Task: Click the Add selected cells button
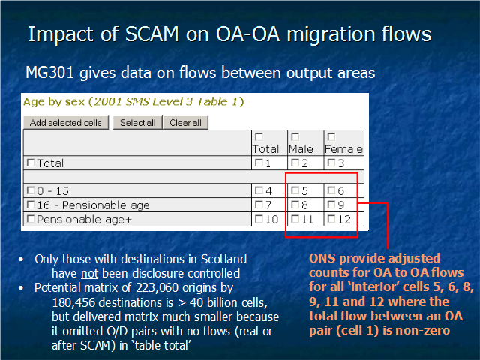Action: (x=66, y=123)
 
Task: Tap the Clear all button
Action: (x=185, y=123)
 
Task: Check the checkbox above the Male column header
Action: (x=295, y=136)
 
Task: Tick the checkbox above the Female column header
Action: (x=331, y=136)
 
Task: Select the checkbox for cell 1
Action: (x=259, y=163)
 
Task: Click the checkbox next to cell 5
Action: (x=295, y=190)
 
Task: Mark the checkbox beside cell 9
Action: (x=331, y=205)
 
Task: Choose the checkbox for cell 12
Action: (x=331, y=218)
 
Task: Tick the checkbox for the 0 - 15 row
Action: (x=31, y=190)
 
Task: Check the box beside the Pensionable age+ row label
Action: (x=31, y=219)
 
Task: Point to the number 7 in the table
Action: (x=268, y=205)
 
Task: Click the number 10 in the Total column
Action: (x=271, y=220)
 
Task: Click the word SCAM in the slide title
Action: (x=152, y=34)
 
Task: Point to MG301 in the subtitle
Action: (x=49, y=73)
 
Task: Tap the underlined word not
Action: (x=90, y=273)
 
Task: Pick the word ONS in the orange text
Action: (x=322, y=258)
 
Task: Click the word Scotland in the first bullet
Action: (x=223, y=259)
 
